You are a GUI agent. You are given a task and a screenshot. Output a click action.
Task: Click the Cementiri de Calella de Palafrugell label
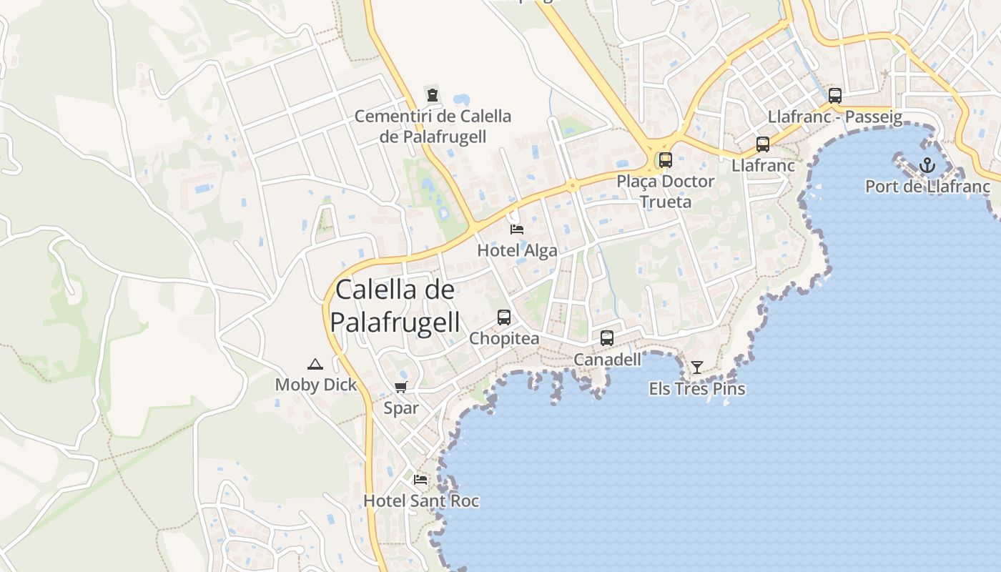point(433,126)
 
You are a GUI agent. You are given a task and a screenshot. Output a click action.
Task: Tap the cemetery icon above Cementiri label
point(432,94)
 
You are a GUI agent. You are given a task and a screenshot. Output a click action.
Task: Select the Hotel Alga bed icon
point(516,229)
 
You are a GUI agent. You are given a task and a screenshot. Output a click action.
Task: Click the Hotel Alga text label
point(517,250)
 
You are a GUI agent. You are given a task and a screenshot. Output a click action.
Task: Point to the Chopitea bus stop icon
point(504,317)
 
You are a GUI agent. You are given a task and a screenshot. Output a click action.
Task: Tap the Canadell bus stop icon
point(607,338)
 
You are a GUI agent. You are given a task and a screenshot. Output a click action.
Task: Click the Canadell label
point(607,360)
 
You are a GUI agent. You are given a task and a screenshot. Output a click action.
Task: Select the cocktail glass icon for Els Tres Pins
point(697,368)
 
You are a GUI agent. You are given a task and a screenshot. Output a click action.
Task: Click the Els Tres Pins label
point(697,389)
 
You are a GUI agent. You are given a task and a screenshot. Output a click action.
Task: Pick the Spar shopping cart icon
point(401,387)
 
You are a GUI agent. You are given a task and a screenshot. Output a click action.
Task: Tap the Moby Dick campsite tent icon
point(315,364)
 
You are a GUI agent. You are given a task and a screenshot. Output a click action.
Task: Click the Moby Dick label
point(315,385)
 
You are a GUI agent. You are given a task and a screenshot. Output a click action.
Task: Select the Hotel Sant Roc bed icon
point(420,479)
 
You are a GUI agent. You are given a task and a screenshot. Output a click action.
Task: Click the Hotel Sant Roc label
point(421,500)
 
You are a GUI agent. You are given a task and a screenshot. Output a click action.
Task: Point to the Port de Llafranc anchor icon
point(927,166)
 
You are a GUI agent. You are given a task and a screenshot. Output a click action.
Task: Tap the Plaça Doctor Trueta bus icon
point(666,160)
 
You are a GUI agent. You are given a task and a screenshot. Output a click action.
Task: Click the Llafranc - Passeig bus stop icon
point(834,96)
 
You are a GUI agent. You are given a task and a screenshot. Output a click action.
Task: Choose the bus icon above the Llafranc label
point(763,144)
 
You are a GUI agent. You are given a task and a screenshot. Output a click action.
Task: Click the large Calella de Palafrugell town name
point(395,305)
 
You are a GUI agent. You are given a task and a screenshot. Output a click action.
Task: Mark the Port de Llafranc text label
point(927,187)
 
